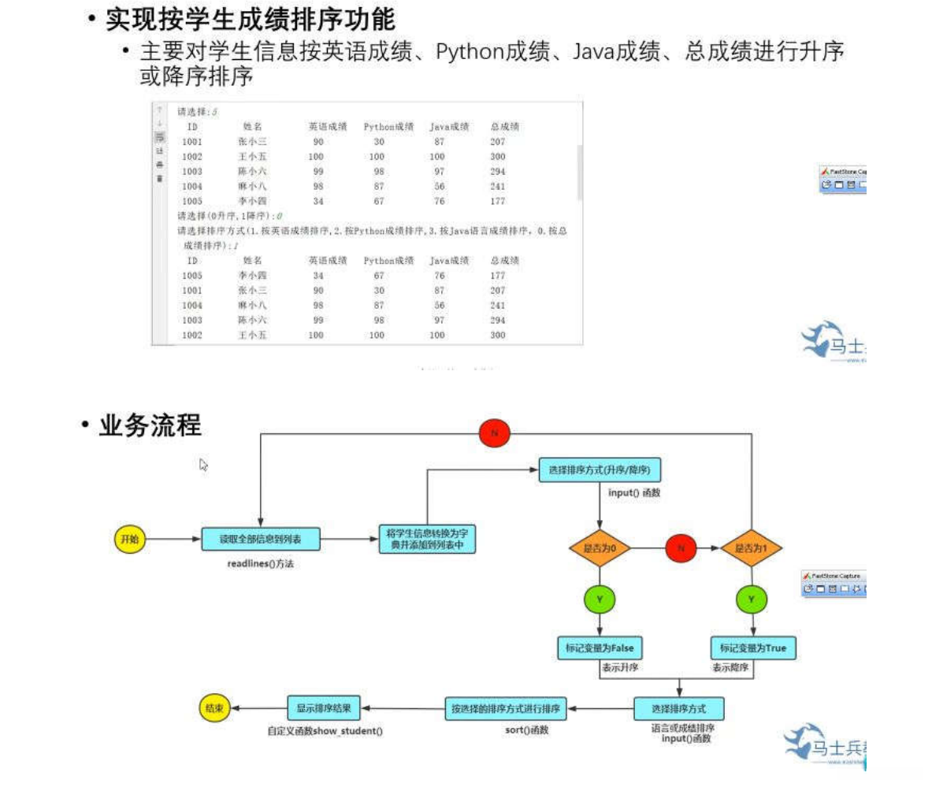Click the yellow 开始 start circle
tap(128, 539)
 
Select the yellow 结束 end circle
tap(214, 708)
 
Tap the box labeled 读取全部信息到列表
tap(260, 539)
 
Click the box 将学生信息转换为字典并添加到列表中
tap(426, 540)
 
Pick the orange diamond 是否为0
tap(600, 548)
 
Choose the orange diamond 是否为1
tap(751, 548)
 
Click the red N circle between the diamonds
tap(681, 548)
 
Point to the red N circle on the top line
tap(495, 432)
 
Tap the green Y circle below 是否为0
tap(600, 600)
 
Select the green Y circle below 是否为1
tap(751, 600)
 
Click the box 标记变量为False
tap(600, 648)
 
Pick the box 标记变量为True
tap(753, 648)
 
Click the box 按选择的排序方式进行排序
tap(505, 708)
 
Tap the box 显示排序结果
tap(324, 707)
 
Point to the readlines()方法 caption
tap(261, 564)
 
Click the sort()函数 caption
tap(526, 730)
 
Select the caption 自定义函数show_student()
tap(325, 731)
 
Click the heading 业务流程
tap(150, 426)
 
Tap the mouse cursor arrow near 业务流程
tap(203, 465)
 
